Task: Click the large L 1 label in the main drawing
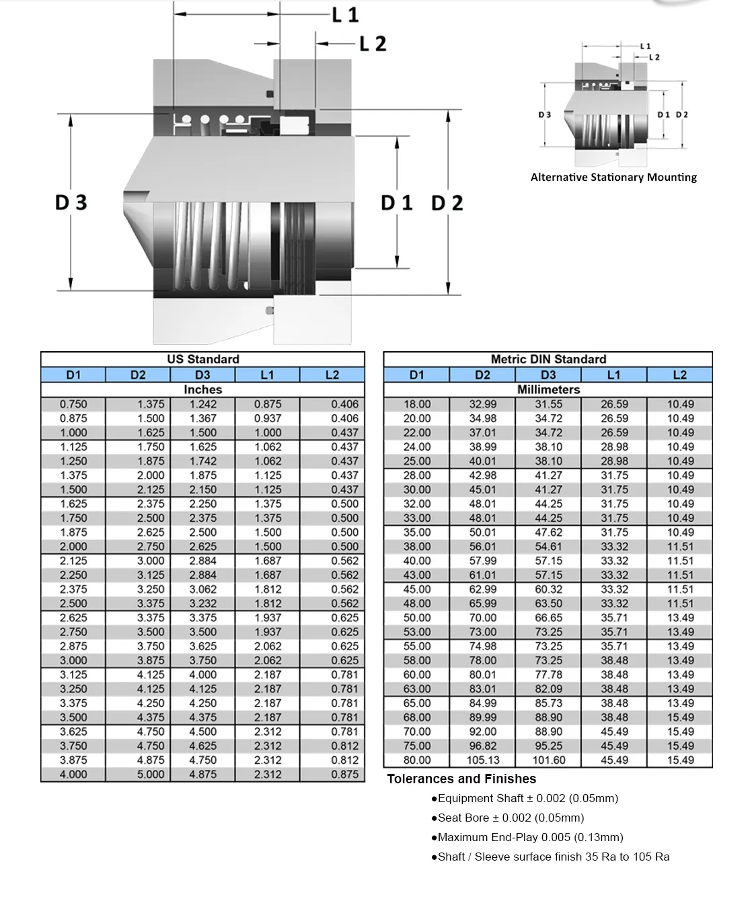(x=345, y=15)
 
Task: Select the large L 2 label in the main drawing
(x=373, y=44)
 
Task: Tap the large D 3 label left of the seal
(x=71, y=202)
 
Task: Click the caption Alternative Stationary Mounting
(x=613, y=177)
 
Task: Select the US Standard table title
(x=202, y=359)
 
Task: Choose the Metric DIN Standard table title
(x=548, y=359)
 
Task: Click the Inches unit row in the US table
(x=202, y=389)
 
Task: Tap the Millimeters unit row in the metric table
(x=548, y=389)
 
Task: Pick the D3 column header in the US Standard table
(x=202, y=374)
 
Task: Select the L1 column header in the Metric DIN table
(x=613, y=374)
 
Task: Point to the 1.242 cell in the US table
(x=202, y=404)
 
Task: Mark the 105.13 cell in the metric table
(x=483, y=760)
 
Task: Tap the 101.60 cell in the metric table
(x=549, y=760)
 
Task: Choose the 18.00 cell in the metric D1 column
(x=416, y=404)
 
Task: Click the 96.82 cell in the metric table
(x=483, y=746)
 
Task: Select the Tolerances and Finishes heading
(x=461, y=779)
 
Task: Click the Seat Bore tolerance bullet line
(x=508, y=818)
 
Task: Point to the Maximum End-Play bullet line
(x=527, y=838)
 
